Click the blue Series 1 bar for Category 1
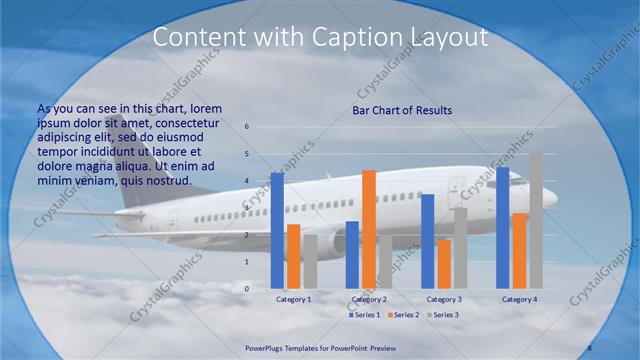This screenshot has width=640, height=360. (x=277, y=230)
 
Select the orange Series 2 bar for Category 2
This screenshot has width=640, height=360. (x=368, y=229)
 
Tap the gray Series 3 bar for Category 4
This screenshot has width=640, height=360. (x=536, y=221)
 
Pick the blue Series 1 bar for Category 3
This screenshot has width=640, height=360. (x=428, y=241)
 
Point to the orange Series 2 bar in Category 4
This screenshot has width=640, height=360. (x=519, y=251)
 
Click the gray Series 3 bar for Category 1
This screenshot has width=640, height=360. (x=310, y=262)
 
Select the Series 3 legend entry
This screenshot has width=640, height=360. (x=442, y=315)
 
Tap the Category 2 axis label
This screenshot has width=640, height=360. (x=369, y=299)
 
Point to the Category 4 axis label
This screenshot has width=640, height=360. (x=519, y=299)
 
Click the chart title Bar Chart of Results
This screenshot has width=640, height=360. (x=402, y=110)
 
